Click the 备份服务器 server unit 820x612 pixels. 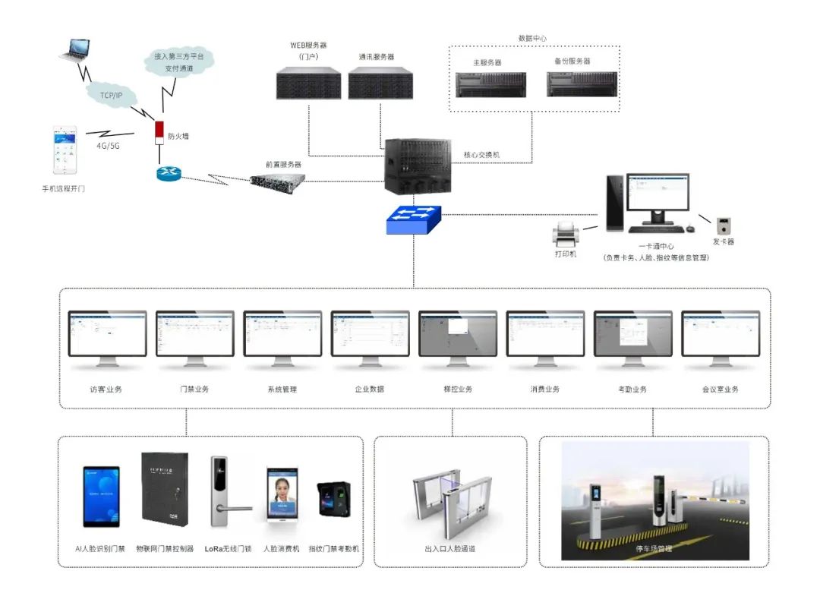582,84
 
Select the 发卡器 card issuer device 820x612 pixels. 724,225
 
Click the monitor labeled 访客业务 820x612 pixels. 106,334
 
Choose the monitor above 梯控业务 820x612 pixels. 457,334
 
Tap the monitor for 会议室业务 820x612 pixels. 720,334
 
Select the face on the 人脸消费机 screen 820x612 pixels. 281,488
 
